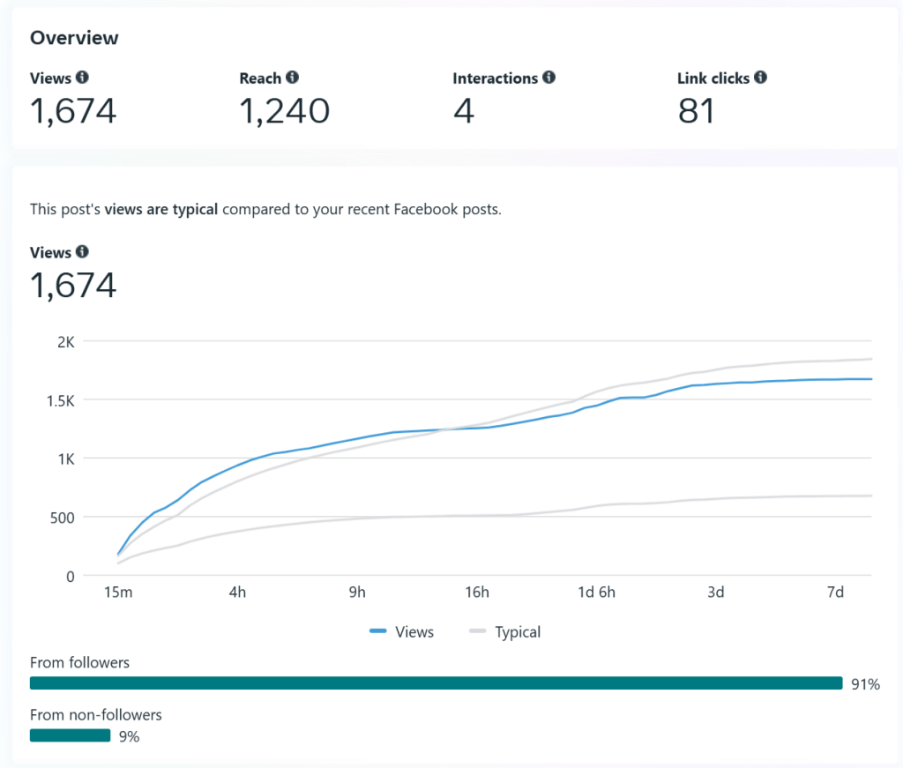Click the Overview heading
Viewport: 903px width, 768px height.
[x=74, y=38]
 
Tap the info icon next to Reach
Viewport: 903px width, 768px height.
[x=292, y=78]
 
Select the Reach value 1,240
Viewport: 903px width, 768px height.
[x=284, y=111]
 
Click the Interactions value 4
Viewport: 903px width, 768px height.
[x=463, y=111]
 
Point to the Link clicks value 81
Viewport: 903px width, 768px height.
[x=696, y=111]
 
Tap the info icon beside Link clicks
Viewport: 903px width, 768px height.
[x=760, y=78]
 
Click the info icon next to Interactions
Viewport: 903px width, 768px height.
[x=549, y=78]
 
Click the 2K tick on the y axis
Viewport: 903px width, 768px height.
[x=65, y=341]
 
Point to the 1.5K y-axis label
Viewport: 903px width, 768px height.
[x=59, y=400]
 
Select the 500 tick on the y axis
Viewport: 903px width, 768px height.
[x=61, y=518]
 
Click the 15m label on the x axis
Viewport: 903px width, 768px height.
[x=118, y=593]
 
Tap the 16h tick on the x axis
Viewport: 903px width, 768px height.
[x=477, y=593]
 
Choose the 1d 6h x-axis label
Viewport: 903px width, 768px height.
[x=596, y=593]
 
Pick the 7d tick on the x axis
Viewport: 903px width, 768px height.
[x=835, y=593]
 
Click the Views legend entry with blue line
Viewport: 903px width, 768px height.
[x=402, y=631]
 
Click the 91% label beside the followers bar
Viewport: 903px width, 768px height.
[x=865, y=684]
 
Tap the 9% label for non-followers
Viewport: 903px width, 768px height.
[x=129, y=736]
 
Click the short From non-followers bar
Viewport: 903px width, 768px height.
[x=70, y=735]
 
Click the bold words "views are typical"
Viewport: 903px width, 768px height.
[x=161, y=210]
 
